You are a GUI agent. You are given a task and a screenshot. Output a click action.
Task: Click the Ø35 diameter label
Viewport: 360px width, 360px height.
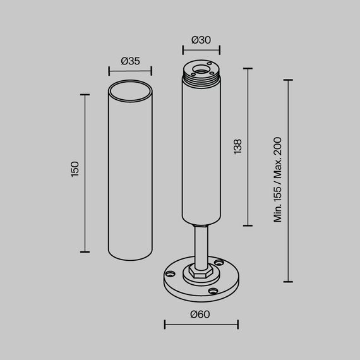[x=129, y=61]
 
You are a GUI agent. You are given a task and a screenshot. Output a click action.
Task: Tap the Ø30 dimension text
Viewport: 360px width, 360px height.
[x=201, y=40]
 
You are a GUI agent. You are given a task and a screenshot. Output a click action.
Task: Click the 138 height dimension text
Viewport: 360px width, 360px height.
[x=237, y=146]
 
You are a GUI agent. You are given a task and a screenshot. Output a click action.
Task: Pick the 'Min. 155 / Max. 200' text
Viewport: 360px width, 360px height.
[x=277, y=180]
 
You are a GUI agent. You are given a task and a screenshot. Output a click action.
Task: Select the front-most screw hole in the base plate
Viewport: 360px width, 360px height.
[x=213, y=291]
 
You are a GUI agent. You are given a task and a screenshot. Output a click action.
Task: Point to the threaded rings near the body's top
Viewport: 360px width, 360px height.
[x=201, y=79]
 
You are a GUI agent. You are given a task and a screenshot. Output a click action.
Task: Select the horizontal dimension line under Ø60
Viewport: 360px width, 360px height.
[x=201, y=325]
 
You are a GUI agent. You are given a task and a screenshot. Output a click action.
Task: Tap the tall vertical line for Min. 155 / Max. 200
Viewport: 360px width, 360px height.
[x=289, y=181]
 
